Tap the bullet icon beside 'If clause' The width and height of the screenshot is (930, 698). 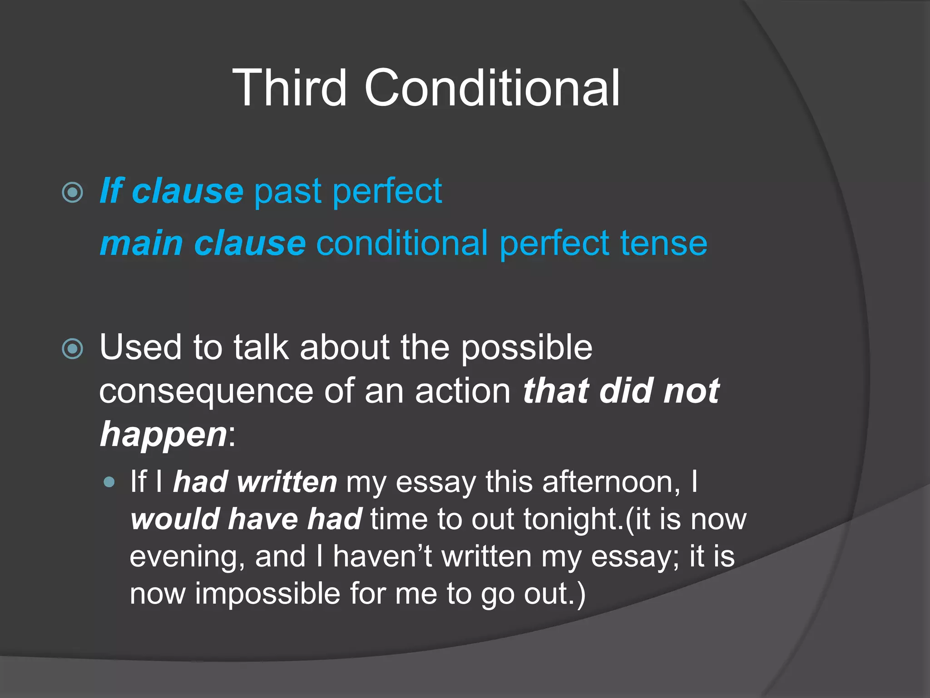point(73,192)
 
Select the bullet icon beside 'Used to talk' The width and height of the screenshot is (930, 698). point(73,349)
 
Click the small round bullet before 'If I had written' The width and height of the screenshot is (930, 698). point(109,482)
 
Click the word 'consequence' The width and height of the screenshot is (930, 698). point(206,391)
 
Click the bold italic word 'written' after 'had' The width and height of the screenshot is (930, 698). point(287,482)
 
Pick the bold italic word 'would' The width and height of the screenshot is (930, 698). point(174,519)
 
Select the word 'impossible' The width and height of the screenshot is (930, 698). point(267,594)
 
